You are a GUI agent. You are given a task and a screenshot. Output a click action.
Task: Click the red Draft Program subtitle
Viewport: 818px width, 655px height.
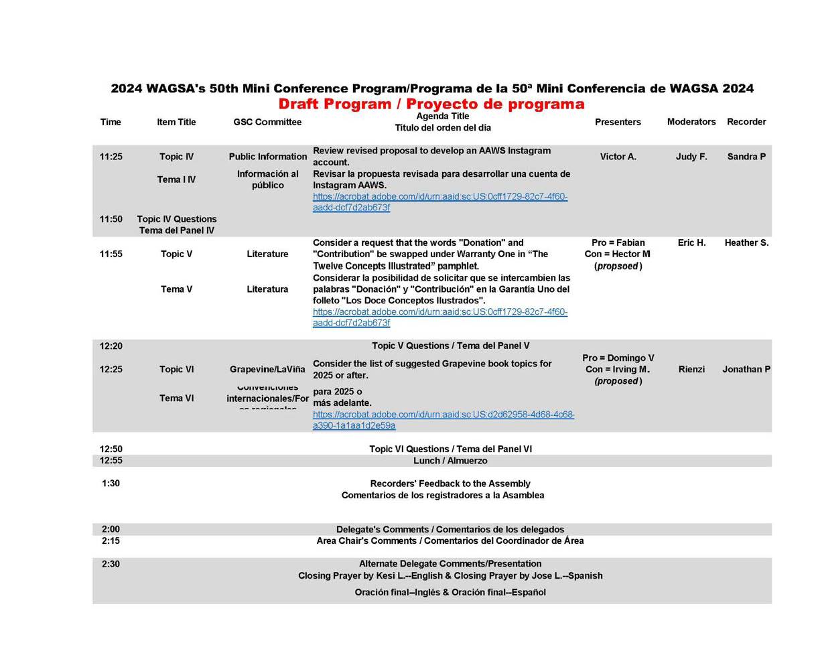[431, 104]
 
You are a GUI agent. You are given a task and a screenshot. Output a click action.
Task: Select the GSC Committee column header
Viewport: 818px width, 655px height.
[267, 123]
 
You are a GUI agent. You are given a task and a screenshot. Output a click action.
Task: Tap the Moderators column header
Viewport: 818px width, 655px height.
[691, 122]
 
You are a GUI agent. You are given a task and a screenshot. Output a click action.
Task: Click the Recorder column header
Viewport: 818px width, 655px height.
[746, 122]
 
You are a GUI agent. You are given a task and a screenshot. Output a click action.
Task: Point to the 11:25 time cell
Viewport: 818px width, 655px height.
[111, 157]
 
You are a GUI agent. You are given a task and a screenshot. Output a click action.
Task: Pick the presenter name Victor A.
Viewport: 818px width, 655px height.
[618, 157]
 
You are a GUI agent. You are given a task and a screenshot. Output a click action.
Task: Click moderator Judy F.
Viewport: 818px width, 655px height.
[691, 157]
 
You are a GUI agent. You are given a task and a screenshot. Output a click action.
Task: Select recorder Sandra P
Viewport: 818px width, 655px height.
[746, 157]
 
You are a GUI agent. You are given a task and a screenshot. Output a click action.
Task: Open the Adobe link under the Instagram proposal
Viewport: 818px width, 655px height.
[439, 202]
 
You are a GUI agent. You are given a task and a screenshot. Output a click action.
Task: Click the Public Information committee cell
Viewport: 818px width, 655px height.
[267, 157]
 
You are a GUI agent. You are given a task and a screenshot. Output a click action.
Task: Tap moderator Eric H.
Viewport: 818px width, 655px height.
[691, 243]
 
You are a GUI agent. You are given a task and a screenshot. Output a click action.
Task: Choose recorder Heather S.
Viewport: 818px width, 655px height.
[746, 243]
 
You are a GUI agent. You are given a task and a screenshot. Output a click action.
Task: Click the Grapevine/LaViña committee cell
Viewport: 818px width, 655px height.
[267, 370]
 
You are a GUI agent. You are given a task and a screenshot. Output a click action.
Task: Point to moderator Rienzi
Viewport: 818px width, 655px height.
[691, 370]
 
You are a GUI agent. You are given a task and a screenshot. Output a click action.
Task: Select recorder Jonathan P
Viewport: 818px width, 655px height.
[746, 370]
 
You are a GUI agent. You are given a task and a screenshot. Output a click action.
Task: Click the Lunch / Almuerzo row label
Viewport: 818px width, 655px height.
[450, 461]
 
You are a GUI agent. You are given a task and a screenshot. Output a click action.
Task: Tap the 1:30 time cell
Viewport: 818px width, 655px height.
[111, 484]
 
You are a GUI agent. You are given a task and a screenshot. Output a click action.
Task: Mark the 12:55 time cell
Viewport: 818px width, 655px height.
[111, 461]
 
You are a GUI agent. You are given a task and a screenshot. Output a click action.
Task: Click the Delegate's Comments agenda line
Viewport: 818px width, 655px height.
[450, 530]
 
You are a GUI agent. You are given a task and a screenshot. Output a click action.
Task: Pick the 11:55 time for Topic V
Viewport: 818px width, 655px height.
[111, 254]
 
